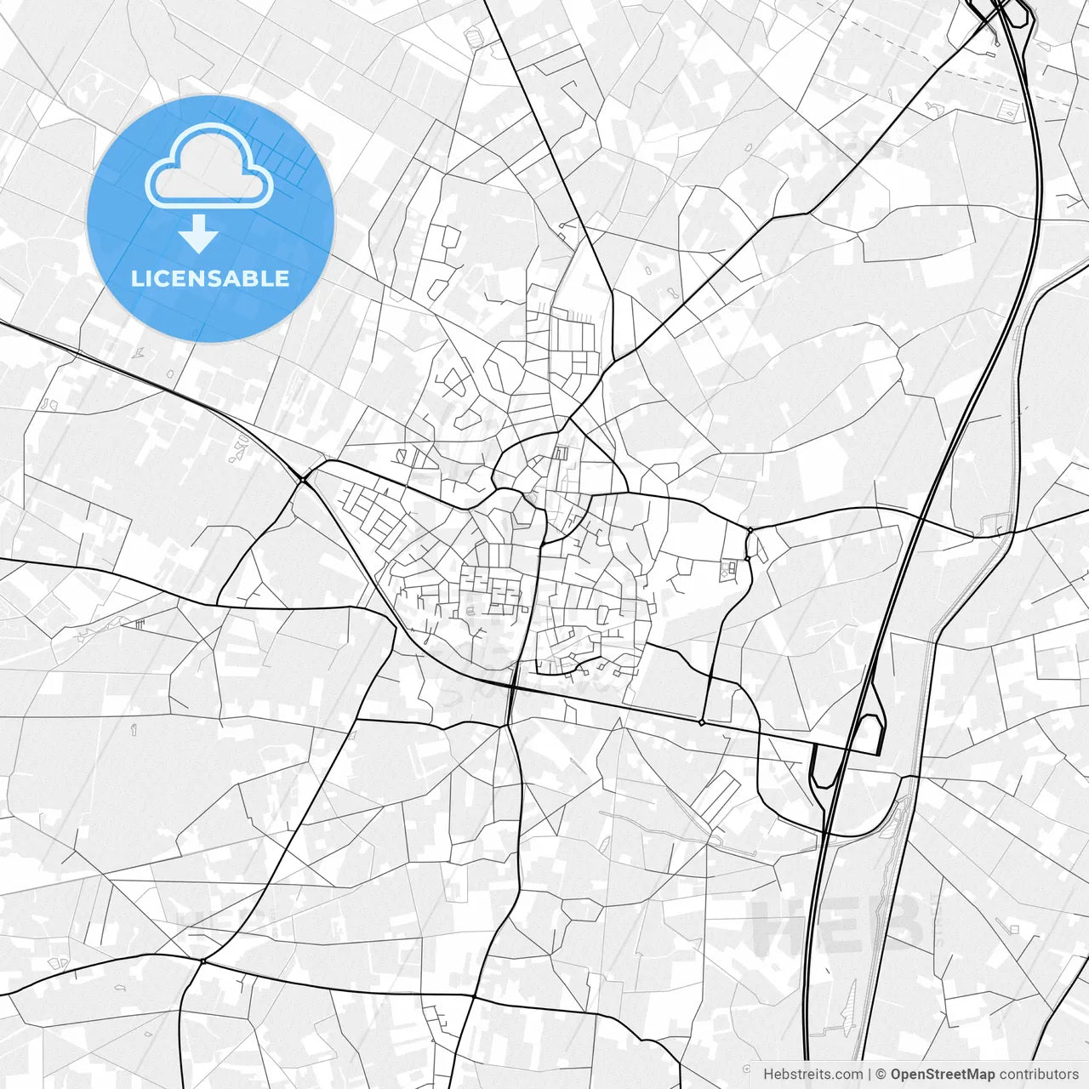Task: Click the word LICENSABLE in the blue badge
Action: pos(210,278)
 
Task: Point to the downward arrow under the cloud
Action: pos(199,233)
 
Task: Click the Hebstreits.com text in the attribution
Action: pos(812,1075)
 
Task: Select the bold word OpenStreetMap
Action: pos(943,1075)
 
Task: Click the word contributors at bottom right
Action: pos(1038,1075)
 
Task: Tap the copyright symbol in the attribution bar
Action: pos(881,1075)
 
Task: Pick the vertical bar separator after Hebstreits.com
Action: pos(869,1075)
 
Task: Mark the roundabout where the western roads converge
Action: pos(303,481)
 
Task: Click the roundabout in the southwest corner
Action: pos(202,961)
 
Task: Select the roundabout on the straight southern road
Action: pos(701,722)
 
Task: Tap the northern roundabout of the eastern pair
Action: pos(750,531)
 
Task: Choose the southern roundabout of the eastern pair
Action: pos(747,559)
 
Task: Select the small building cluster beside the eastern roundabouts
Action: pos(730,568)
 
